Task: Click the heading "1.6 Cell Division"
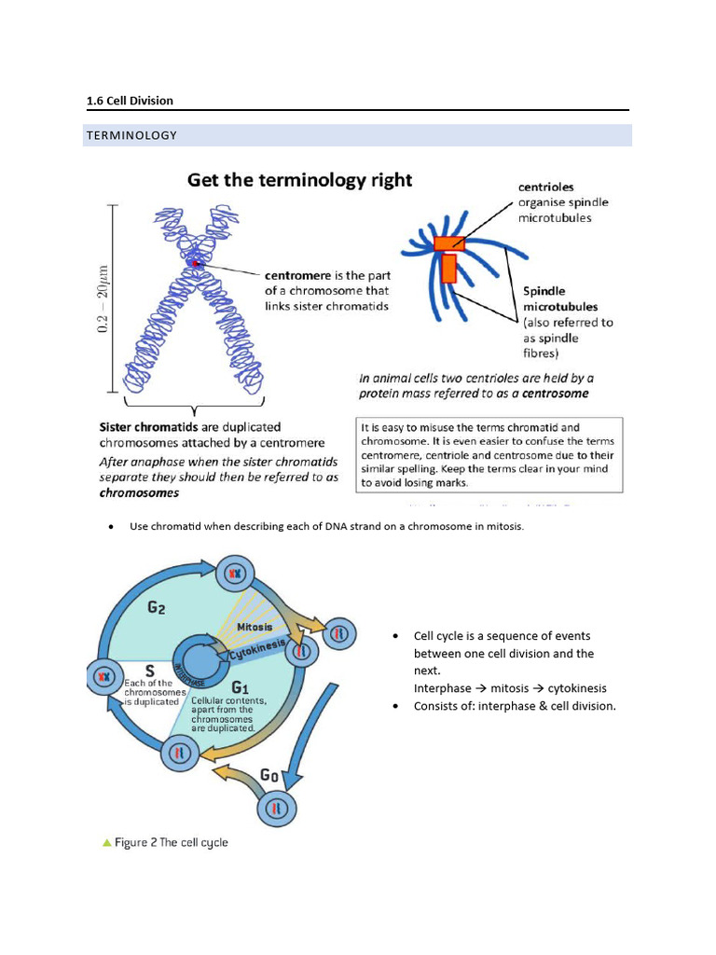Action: tap(130, 101)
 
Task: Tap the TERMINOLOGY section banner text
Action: tap(131, 135)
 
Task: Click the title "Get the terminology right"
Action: tap(299, 180)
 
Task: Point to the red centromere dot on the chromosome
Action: tap(194, 264)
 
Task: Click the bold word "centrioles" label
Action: tap(546, 187)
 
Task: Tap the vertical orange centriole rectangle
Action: tap(448, 268)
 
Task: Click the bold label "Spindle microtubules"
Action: tap(560, 298)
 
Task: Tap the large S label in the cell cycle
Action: tap(148, 670)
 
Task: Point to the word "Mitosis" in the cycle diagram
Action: tap(255, 628)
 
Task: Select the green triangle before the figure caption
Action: tap(107, 842)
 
